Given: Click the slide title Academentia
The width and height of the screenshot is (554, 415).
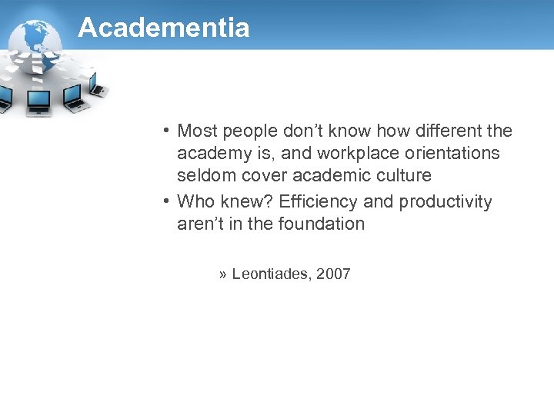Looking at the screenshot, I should (x=164, y=28).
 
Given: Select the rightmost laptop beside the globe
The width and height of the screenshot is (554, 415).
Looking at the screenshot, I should (x=98, y=89).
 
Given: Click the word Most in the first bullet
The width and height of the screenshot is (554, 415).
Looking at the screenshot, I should (x=197, y=131).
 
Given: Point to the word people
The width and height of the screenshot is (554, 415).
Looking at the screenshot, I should (x=248, y=131).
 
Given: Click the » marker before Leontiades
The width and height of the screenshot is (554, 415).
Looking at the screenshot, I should (x=222, y=274).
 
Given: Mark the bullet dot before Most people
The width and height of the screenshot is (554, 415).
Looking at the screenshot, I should (x=166, y=131).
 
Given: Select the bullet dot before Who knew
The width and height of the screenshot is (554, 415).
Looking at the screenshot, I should (x=166, y=201).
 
